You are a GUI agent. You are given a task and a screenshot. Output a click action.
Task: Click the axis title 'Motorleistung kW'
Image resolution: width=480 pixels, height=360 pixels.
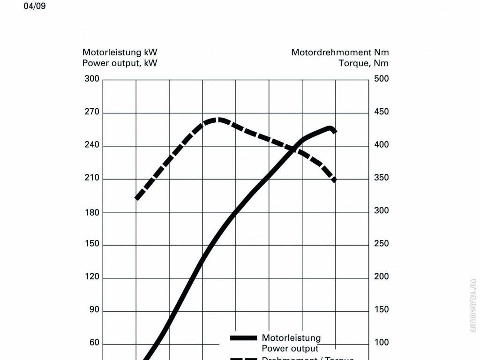point(120,52)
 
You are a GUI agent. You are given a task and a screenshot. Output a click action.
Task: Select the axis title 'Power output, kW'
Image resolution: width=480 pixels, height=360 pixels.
point(120,63)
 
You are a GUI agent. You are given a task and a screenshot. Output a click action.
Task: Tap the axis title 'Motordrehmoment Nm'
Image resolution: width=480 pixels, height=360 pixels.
point(340,52)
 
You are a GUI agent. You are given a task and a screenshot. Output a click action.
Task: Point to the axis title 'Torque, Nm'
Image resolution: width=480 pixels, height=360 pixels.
point(363,63)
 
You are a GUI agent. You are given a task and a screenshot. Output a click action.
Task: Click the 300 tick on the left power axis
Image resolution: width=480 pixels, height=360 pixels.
point(92,79)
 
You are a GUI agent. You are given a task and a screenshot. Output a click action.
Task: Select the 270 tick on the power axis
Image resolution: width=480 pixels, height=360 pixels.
point(92,112)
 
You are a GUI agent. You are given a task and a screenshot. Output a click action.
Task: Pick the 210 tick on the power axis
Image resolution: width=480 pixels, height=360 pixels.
point(92,178)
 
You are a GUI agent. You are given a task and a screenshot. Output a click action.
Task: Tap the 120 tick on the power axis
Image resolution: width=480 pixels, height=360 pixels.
point(92,277)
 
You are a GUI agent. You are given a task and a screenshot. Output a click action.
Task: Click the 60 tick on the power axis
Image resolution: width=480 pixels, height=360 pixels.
point(94,343)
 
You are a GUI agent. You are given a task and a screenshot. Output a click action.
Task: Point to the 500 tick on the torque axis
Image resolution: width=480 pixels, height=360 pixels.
point(381,79)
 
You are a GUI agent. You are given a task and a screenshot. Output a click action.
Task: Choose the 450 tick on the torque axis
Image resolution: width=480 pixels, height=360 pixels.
point(381,112)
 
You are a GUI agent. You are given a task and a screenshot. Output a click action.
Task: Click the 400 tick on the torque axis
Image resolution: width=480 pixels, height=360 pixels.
point(381,145)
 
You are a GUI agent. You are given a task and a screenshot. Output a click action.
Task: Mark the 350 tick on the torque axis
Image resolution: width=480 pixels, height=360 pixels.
point(381,178)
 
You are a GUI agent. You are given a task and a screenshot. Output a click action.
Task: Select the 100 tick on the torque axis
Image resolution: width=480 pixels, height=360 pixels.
point(381,343)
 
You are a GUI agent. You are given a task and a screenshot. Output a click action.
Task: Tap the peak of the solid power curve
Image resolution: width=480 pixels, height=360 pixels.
point(330,128)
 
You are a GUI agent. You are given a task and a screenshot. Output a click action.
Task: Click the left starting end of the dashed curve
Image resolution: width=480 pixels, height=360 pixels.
point(137,198)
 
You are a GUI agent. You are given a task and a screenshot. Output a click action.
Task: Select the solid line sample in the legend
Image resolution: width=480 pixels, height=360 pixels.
point(243,338)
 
